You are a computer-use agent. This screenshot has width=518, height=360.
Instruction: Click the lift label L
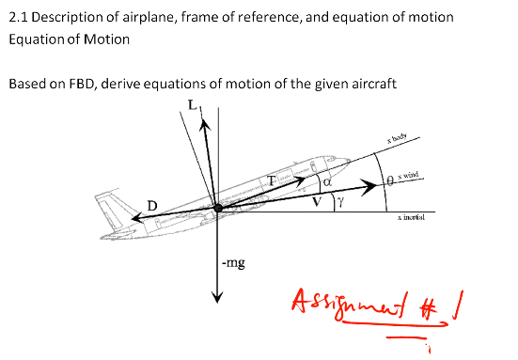point(192,104)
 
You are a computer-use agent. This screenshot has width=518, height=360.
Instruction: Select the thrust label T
point(272,179)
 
